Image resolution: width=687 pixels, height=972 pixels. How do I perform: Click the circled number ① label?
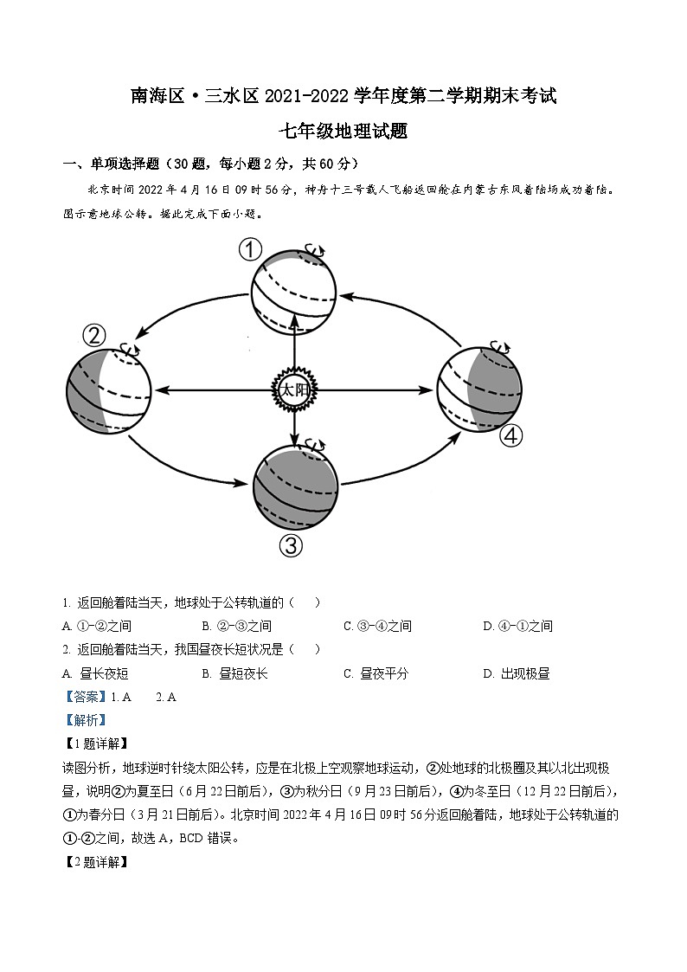[250, 250]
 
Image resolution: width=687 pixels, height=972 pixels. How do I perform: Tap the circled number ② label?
[93, 335]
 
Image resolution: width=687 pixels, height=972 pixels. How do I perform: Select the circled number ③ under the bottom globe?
[292, 545]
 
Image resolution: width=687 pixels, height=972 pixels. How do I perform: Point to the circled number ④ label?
[511, 435]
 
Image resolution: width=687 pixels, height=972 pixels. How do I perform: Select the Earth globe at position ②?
[109, 389]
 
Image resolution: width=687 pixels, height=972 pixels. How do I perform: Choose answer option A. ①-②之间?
[97, 626]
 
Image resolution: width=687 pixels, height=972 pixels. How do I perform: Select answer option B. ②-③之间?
[236, 626]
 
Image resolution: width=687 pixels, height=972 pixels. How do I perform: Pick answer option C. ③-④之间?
[377, 626]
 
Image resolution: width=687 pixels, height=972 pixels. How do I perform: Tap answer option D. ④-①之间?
[517, 626]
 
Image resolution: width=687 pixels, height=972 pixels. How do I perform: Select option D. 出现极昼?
[516, 673]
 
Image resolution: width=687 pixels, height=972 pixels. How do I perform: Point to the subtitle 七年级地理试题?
[343, 132]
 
